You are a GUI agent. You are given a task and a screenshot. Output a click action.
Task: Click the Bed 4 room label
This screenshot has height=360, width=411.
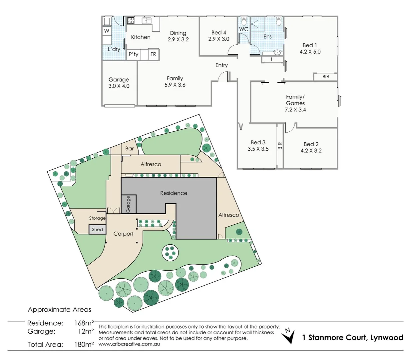coord(218,33)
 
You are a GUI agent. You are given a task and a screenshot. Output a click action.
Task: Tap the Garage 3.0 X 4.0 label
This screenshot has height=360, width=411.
coord(119,83)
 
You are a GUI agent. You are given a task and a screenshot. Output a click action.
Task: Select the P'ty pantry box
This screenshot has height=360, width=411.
coord(134,54)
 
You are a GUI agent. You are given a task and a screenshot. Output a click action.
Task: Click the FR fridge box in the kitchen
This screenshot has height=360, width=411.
coord(153,54)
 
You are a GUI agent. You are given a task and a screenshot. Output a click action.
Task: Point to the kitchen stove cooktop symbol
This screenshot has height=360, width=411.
coord(131,21)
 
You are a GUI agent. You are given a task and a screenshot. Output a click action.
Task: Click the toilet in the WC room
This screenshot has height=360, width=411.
coord(244,21)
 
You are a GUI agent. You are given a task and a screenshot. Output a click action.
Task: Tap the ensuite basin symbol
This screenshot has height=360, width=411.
coord(277,53)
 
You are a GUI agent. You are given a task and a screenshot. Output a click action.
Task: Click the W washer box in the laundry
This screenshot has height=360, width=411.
coord(107,31)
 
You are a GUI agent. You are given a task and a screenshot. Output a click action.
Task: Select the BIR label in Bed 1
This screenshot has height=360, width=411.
coord(325,77)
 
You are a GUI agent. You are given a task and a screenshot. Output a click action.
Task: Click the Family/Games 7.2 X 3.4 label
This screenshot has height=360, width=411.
coord(295,103)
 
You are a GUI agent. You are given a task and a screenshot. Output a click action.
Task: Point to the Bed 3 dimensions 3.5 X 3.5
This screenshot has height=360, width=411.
coord(258,149)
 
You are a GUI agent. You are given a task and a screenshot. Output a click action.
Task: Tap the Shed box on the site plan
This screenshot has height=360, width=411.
coord(97,229)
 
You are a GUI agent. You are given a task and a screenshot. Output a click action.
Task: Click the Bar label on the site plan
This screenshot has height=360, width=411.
coord(130,149)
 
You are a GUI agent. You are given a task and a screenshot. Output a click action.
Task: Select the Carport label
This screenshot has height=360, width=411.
coord(123,234)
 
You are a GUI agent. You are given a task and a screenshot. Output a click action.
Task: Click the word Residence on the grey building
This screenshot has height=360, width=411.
coord(174,193)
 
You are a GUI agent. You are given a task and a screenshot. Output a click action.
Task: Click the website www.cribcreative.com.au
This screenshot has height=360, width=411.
coord(129,344)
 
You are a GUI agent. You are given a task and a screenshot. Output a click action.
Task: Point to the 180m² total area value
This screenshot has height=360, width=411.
coord(84,344)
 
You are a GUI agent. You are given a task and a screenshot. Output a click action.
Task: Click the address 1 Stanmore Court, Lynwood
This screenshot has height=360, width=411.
coord(352,337)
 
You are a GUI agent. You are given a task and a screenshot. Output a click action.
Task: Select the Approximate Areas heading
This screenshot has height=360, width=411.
coord(59,310)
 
